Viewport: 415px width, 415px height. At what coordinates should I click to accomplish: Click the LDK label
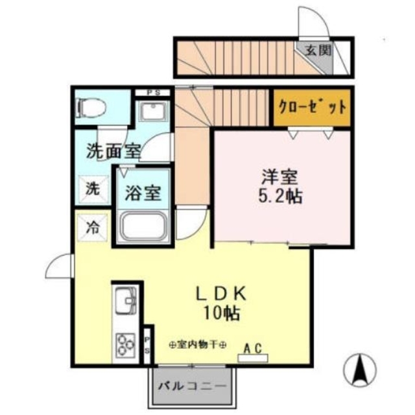(220, 294)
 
